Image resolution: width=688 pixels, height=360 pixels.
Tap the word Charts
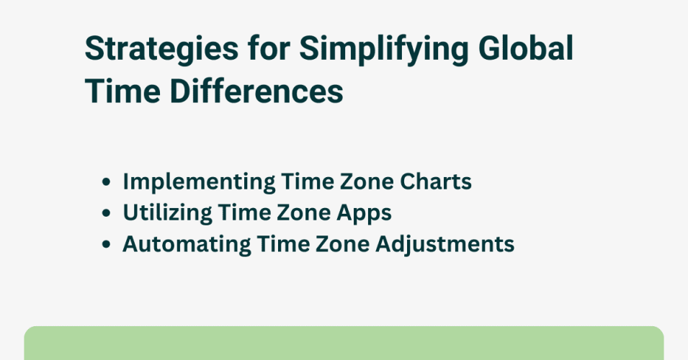[440, 182]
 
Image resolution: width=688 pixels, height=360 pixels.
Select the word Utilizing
[163, 213]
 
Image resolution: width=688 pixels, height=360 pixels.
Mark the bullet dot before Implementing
[107, 183]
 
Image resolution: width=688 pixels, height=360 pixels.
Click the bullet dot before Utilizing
[107, 214]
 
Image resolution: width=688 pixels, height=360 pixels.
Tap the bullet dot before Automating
[107, 245]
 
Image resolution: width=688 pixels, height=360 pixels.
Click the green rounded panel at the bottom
[344, 343]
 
